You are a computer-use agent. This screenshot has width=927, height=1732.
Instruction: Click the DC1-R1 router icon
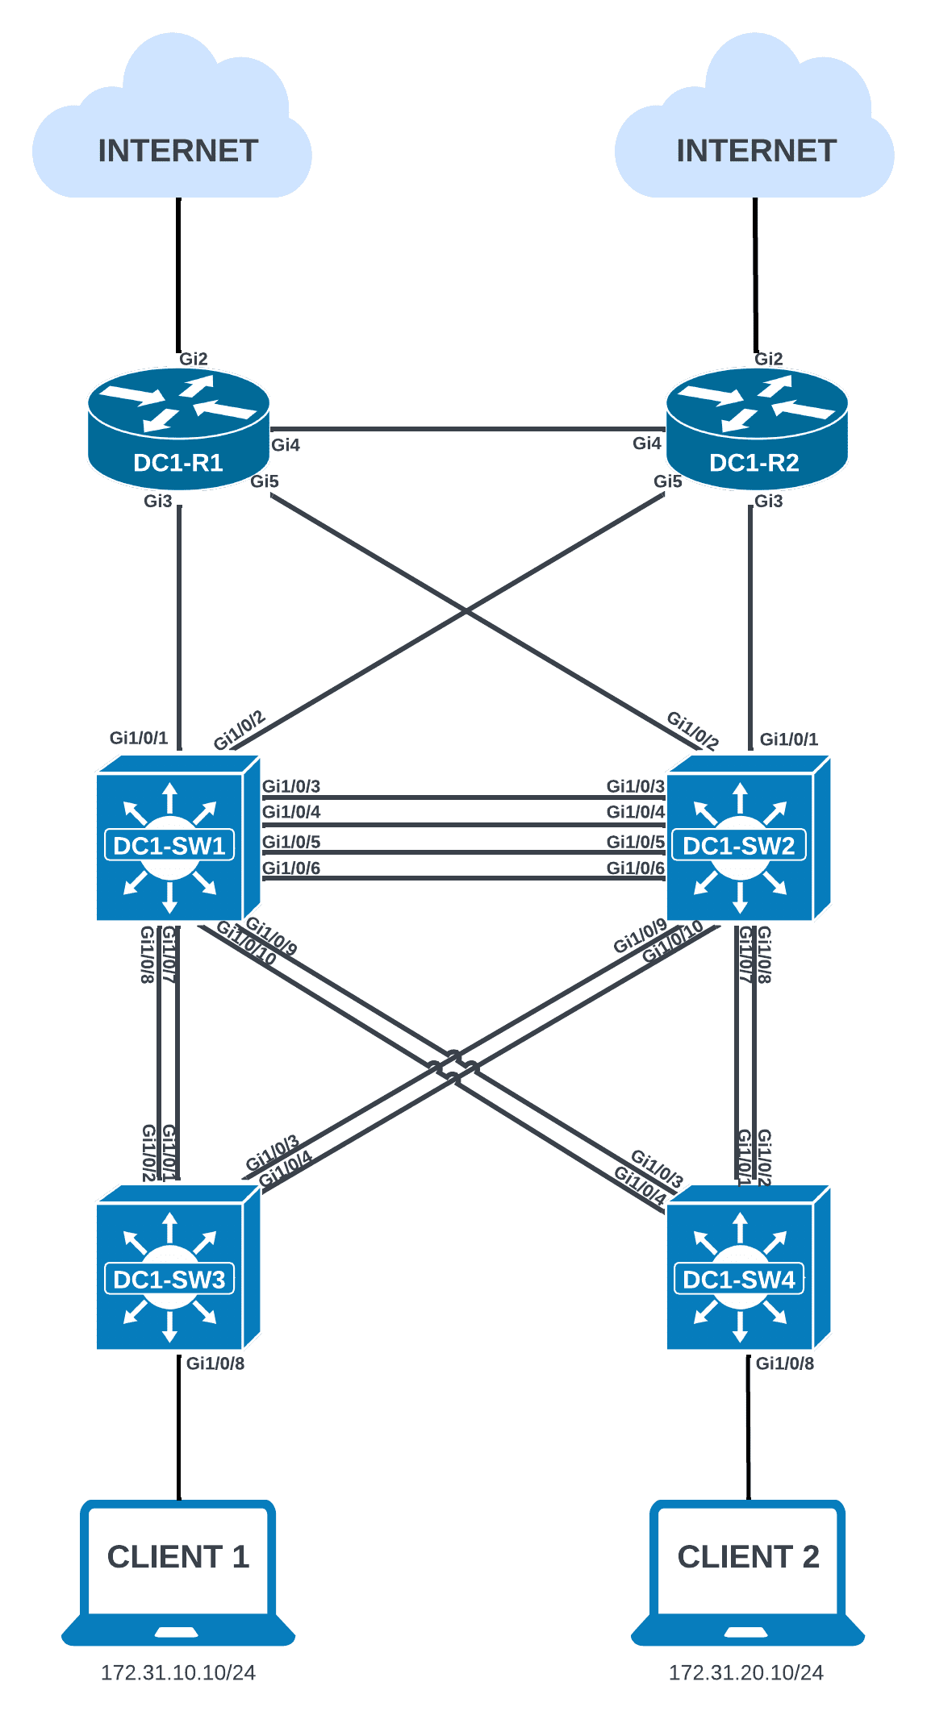178,428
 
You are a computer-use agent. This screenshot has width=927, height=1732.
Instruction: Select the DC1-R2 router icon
757,428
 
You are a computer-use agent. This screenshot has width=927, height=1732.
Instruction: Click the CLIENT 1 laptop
178,1572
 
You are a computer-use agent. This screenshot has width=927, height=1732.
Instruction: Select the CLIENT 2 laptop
748,1572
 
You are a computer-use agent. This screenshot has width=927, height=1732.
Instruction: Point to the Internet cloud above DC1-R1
173,129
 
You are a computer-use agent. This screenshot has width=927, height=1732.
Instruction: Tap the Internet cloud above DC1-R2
755,129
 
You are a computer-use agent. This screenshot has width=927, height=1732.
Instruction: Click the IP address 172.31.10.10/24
178,1673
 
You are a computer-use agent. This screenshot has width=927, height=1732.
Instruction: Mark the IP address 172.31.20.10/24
746,1673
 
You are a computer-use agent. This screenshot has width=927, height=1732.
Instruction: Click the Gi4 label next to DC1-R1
286,445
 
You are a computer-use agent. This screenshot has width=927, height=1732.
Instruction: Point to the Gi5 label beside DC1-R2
668,482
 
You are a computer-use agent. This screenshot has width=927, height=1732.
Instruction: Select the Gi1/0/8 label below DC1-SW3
215,1364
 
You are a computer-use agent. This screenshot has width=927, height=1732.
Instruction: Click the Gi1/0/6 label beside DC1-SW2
636,868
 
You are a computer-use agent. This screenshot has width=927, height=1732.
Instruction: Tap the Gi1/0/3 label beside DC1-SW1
291,786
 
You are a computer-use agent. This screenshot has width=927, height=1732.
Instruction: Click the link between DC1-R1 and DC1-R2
468,430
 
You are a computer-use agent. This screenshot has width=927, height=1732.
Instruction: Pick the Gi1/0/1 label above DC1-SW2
789,739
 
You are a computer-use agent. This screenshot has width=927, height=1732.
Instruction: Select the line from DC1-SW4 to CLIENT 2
748,1427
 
